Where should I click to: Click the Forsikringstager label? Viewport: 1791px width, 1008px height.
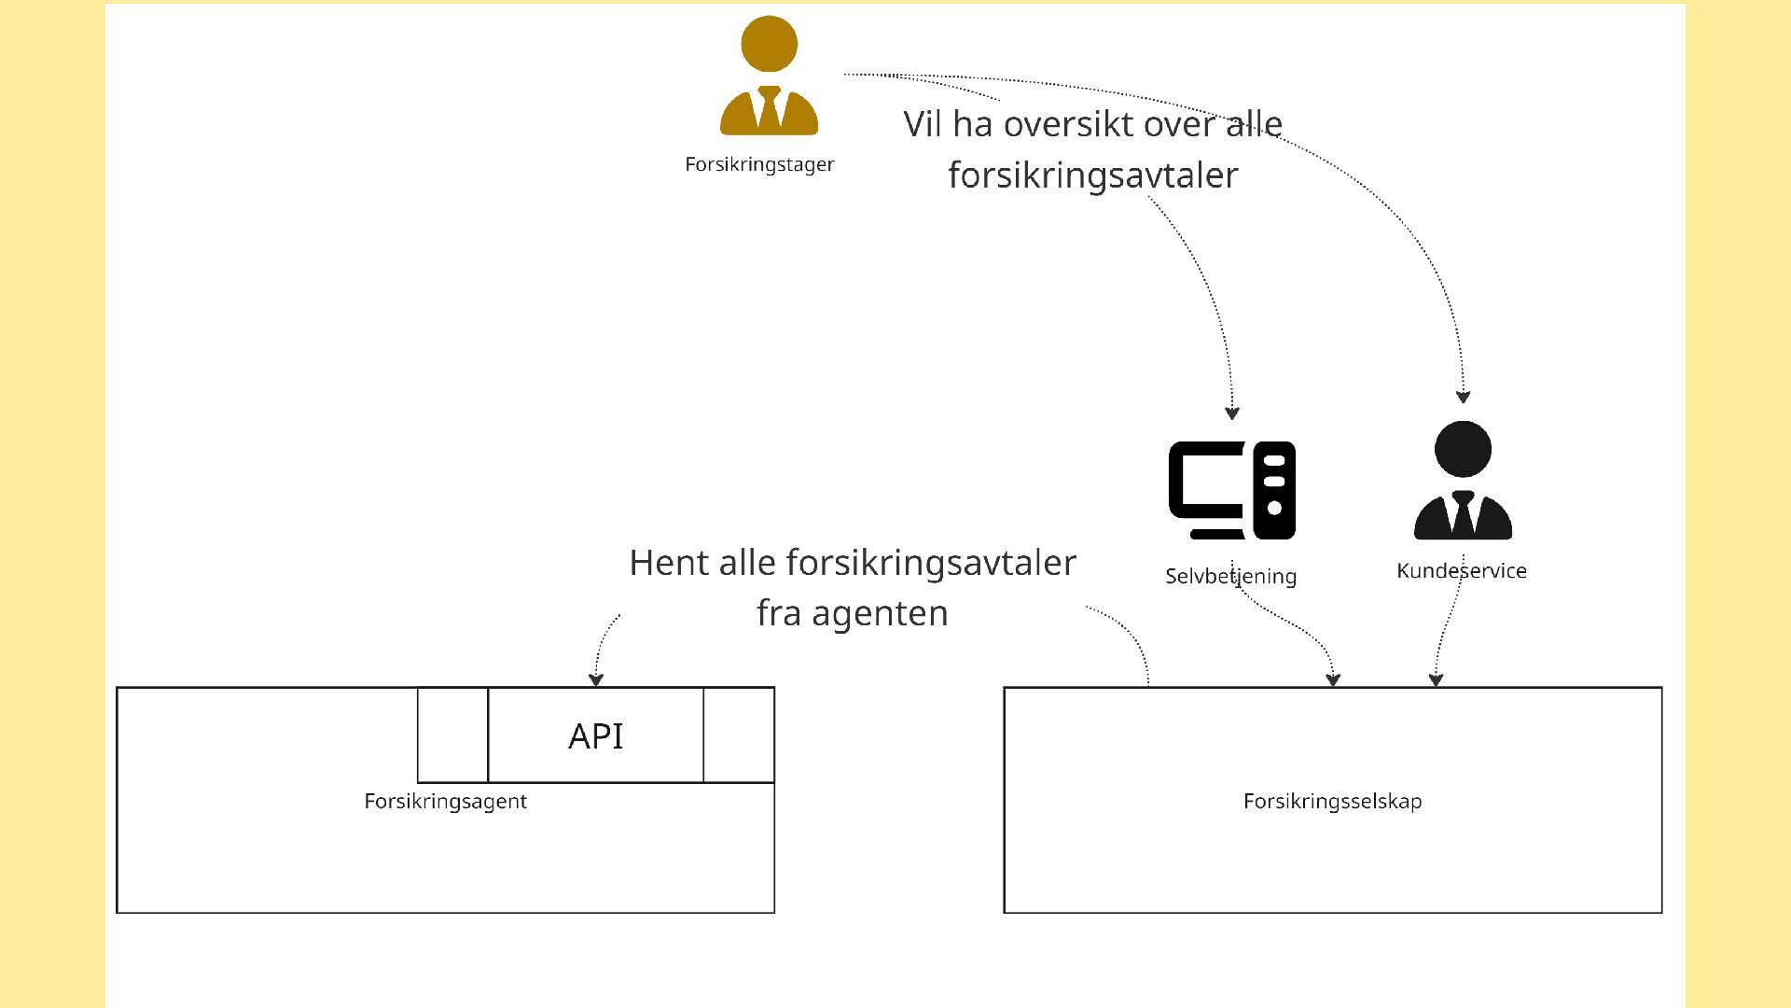coord(759,164)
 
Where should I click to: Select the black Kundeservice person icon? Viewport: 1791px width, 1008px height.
coord(1463,481)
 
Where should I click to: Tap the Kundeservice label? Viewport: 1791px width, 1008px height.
coord(1462,571)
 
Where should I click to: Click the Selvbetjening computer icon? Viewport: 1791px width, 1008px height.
coord(1231,490)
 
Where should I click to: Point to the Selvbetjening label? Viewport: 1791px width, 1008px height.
coord(1231,577)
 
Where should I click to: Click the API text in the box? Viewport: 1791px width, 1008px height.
coord(596,736)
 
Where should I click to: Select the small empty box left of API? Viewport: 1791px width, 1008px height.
coord(452,735)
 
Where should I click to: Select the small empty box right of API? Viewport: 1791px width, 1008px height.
coord(739,735)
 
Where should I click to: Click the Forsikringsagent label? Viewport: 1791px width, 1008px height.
coord(445,802)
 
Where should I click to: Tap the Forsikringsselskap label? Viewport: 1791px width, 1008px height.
coord(1332,802)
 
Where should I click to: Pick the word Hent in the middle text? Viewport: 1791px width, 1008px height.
coord(663,563)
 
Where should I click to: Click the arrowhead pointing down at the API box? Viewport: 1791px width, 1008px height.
coord(596,680)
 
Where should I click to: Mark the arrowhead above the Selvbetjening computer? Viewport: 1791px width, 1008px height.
coord(1232,413)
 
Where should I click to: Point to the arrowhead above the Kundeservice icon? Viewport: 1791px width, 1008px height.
coord(1464,397)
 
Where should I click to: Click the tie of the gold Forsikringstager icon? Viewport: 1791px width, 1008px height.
coord(770,106)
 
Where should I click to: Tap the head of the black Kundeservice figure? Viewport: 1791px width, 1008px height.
coord(1463,449)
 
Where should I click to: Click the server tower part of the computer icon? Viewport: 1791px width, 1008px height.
coord(1274,490)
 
